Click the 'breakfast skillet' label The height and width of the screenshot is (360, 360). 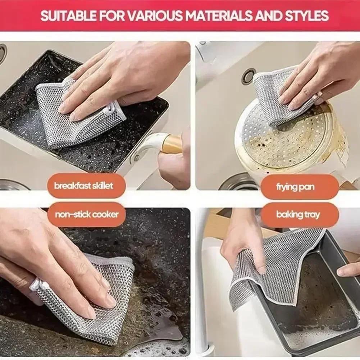(83, 186)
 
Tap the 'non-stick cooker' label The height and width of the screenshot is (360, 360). (86, 215)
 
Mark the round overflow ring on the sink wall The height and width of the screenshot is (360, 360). (248, 77)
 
